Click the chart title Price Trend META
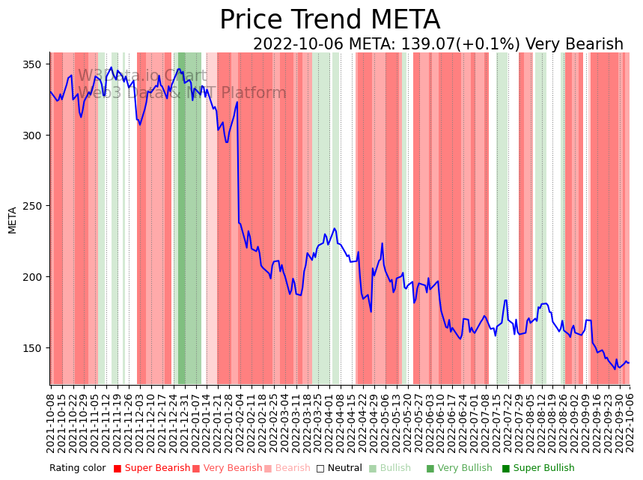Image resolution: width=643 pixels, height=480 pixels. point(329,20)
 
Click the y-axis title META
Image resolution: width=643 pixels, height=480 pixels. point(12,220)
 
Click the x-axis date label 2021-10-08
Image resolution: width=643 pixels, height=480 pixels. point(51,422)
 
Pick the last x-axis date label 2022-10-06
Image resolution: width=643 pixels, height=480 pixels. point(630,422)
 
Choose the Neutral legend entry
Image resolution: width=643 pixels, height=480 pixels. point(340,469)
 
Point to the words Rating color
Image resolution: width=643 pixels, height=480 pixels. point(78,469)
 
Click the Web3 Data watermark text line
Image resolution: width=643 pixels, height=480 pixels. point(182,93)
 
